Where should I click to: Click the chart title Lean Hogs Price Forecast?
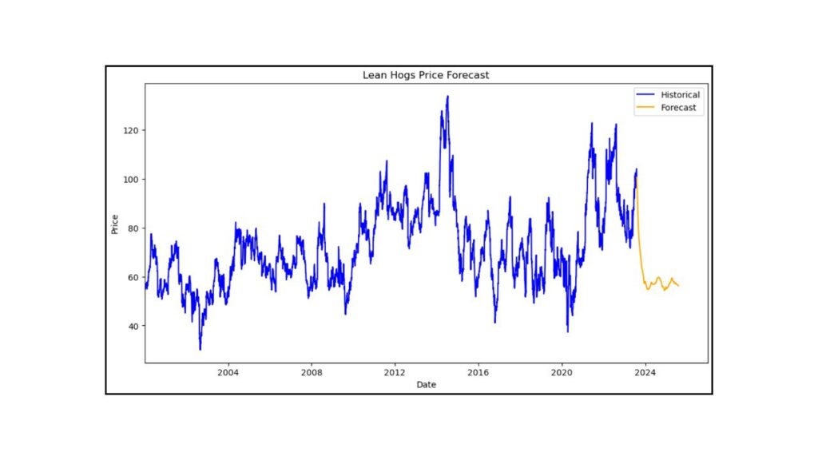pos(425,75)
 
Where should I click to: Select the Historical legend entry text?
pos(680,95)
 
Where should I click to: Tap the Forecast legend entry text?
pos(678,107)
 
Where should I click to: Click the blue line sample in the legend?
pos(645,95)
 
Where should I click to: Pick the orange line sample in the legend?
pos(645,107)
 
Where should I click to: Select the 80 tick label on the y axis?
pos(133,228)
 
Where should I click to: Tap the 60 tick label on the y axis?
pos(133,277)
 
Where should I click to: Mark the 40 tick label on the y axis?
pos(133,326)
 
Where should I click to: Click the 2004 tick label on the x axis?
pos(228,373)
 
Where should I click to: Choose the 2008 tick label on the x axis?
pos(312,373)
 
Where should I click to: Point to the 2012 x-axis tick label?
pos(395,373)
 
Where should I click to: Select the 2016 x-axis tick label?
pos(478,373)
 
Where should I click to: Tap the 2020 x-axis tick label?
pos(562,373)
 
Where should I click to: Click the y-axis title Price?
pos(115,224)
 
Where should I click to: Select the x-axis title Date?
pos(426,384)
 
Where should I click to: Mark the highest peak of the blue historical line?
pos(447,97)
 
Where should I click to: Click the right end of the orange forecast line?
pos(678,286)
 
